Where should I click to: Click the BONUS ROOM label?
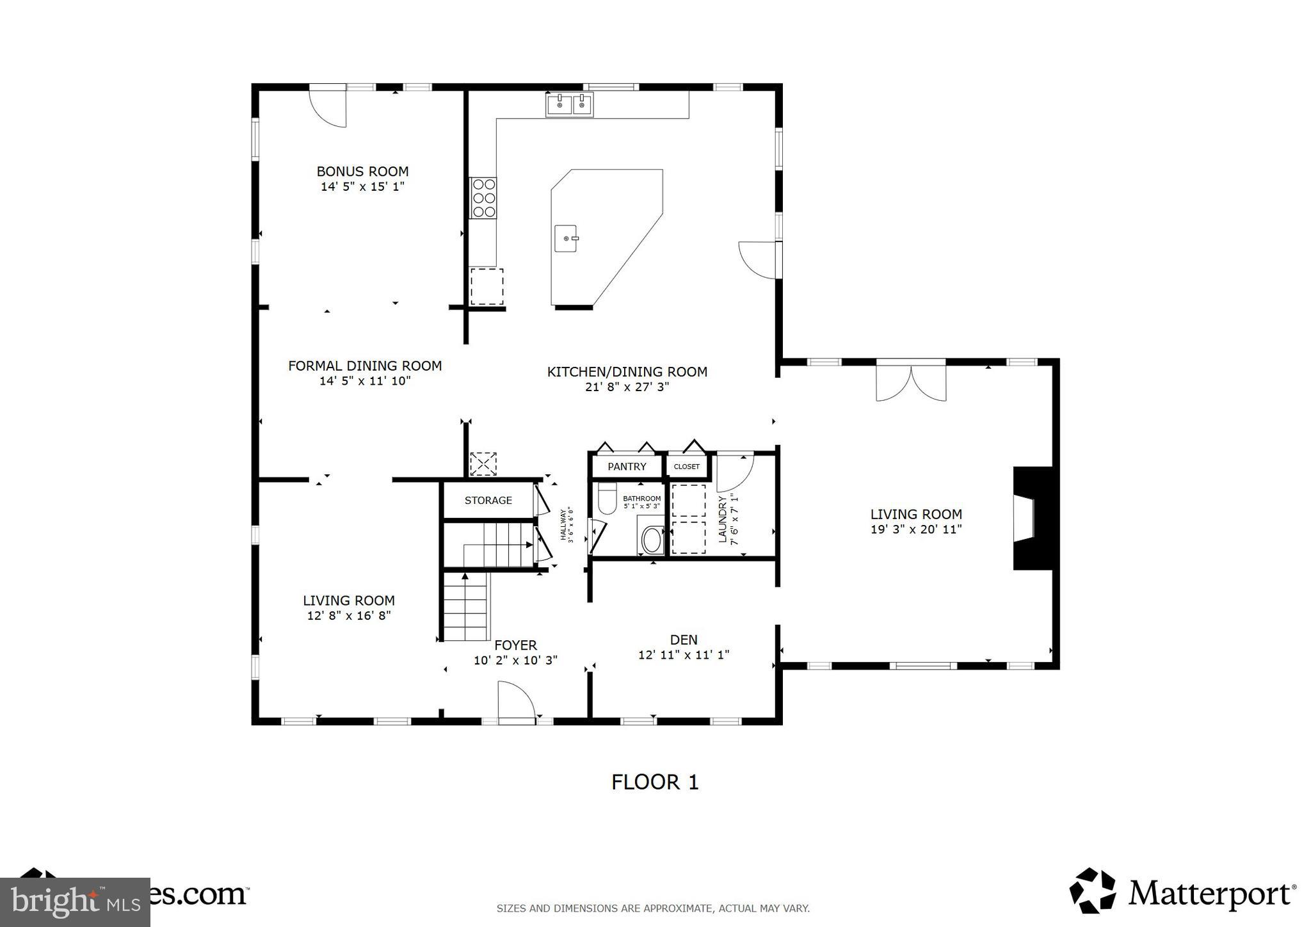click(x=362, y=172)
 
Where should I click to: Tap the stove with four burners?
click(x=483, y=198)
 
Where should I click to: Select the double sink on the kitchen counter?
click(x=569, y=104)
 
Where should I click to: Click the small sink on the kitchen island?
click(x=567, y=239)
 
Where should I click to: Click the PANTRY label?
click(x=627, y=467)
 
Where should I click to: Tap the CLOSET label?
click(x=686, y=467)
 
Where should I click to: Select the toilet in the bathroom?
click(x=606, y=499)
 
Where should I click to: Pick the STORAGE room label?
click(x=488, y=501)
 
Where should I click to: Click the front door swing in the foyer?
click(x=515, y=702)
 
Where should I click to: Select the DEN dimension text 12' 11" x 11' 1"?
click(x=684, y=655)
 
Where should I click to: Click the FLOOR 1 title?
click(x=655, y=782)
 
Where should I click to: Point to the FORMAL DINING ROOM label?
click(x=365, y=366)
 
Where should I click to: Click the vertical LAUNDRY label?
click(x=723, y=519)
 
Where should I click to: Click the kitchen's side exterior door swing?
click(x=759, y=260)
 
